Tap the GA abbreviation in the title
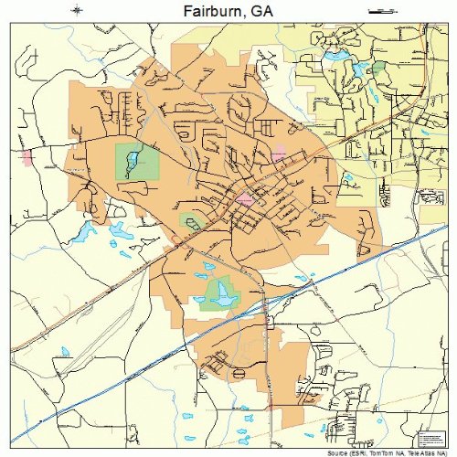point(261,11)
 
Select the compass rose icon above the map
point(77,10)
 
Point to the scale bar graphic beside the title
point(379,10)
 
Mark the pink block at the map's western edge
point(27,157)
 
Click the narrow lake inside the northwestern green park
point(133,162)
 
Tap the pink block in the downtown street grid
point(245,197)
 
